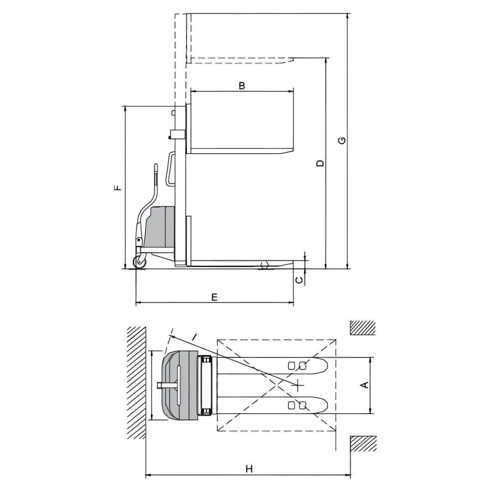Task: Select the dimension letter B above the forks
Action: (x=242, y=86)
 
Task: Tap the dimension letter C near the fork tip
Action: (x=300, y=280)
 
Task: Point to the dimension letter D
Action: (x=320, y=163)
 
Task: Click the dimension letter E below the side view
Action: (x=214, y=297)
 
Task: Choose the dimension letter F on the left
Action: (x=118, y=188)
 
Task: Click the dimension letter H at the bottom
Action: (x=249, y=469)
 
